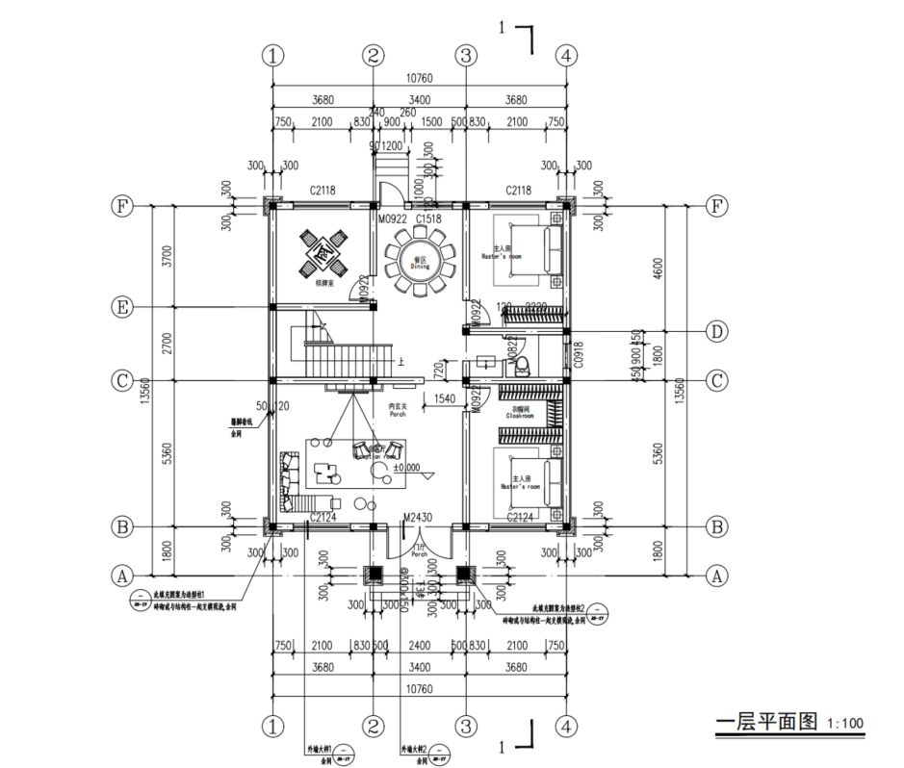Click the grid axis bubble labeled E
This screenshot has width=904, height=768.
[121, 307]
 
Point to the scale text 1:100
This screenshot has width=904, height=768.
[844, 723]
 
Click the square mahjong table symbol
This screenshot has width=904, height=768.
[322, 252]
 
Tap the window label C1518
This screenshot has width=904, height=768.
[428, 219]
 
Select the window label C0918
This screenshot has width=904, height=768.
[579, 357]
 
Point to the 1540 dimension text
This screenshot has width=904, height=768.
[446, 397]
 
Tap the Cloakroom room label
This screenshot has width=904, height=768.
[521, 414]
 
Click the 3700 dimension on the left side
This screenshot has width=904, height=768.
[167, 256]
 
